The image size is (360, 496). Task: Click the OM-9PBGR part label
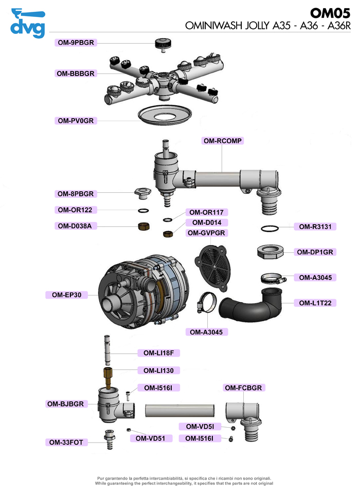pos(76,43)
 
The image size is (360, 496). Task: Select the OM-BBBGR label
pos(76,74)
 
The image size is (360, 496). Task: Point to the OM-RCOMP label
pos(223,140)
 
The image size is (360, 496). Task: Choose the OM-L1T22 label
pos(315,303)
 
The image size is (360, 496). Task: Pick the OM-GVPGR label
pos(207,233)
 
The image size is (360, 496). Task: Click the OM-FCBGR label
pos(244,387)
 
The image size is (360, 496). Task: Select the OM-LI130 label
pos(158,370)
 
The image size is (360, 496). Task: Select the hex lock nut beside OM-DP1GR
pos(271,251)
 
